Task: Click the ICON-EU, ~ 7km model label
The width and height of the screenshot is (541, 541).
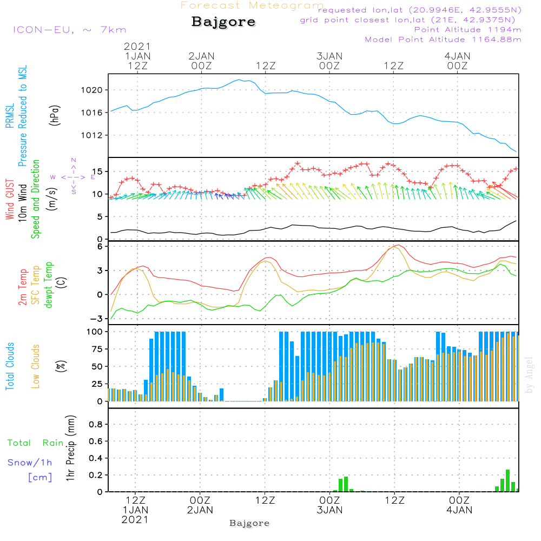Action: click(x=69, y=30)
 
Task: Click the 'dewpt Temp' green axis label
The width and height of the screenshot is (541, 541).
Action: click(x=49, y=285)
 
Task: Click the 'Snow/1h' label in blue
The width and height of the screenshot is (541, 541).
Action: click(x=30, y=463)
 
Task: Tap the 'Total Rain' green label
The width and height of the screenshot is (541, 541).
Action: click(x=36, y=443)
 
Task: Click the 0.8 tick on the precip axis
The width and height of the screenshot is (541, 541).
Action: click(x=96, y=425)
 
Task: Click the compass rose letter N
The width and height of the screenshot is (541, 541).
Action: click(x=74, y=160)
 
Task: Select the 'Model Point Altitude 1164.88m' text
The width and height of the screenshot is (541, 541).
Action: click(x=443, y=39)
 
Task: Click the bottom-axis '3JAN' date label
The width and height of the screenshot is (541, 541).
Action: click(x=329, y=510)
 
